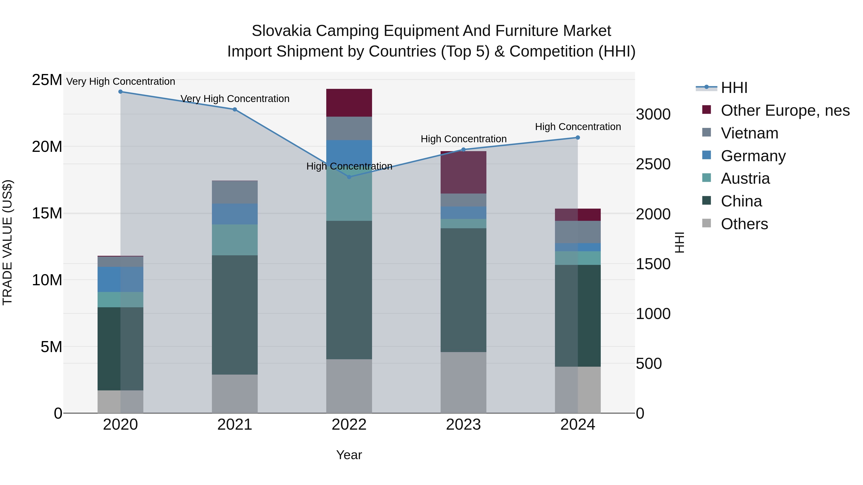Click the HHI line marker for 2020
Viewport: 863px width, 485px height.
120,92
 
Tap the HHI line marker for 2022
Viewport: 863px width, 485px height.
349,177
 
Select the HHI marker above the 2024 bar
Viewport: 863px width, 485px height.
577,137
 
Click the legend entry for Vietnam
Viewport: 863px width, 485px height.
749,133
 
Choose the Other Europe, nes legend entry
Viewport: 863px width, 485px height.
785,110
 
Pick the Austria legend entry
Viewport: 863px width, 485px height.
745,178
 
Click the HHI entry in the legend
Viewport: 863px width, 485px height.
734,88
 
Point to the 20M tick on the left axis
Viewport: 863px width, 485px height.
47,147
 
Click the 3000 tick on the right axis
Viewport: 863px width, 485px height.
653,114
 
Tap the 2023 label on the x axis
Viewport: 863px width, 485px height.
463,425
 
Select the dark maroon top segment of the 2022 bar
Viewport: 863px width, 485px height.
349,103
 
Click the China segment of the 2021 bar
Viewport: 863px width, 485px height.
234,315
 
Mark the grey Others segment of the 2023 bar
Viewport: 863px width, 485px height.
463,382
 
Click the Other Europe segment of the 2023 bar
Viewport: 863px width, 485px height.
463,172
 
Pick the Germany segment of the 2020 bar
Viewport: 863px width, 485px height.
120,279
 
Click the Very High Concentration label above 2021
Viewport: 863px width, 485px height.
235,99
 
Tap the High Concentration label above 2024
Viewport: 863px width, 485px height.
577,127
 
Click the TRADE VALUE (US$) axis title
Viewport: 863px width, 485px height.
7,242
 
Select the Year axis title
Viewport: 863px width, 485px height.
349,455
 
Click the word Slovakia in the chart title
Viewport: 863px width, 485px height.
282,31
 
